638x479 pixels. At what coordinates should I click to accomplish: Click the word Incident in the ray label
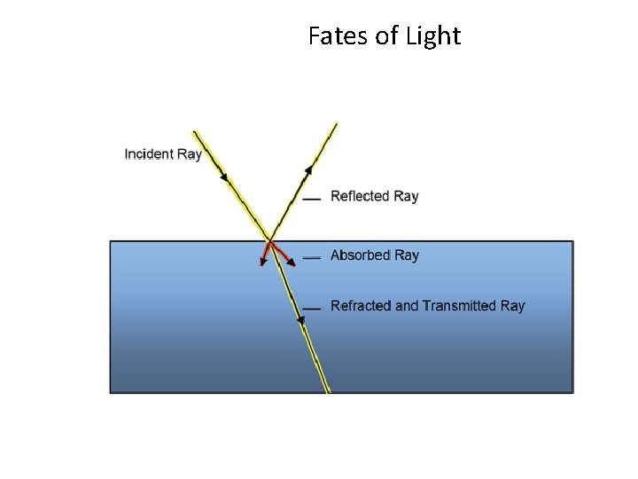(x=150, y=154)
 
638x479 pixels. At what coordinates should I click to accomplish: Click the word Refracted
(x=361, y=306)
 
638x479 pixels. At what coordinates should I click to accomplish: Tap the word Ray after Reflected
(x=406, y=196)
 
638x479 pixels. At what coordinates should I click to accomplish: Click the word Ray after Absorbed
(x=407, y=255)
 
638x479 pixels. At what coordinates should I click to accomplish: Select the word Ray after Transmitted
(x=513, y=306)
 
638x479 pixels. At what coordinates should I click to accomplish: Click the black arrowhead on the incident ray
(x=225, y=177)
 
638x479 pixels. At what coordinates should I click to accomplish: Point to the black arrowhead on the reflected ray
(x=309, y=169)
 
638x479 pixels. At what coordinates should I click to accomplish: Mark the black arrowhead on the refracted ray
(x=301, y=320)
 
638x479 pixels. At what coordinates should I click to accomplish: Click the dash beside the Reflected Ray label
(x=311, y=200)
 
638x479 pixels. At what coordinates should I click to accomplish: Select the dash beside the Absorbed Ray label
(x=311, y=257)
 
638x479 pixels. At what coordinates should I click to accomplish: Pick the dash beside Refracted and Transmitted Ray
(x=311, y=309)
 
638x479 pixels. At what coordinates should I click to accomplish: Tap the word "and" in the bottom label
(x=407, y=306)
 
